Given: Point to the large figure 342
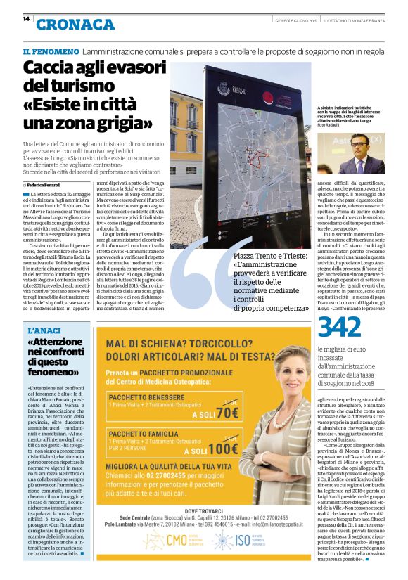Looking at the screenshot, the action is pyautogui.click(x=340, y=328).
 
